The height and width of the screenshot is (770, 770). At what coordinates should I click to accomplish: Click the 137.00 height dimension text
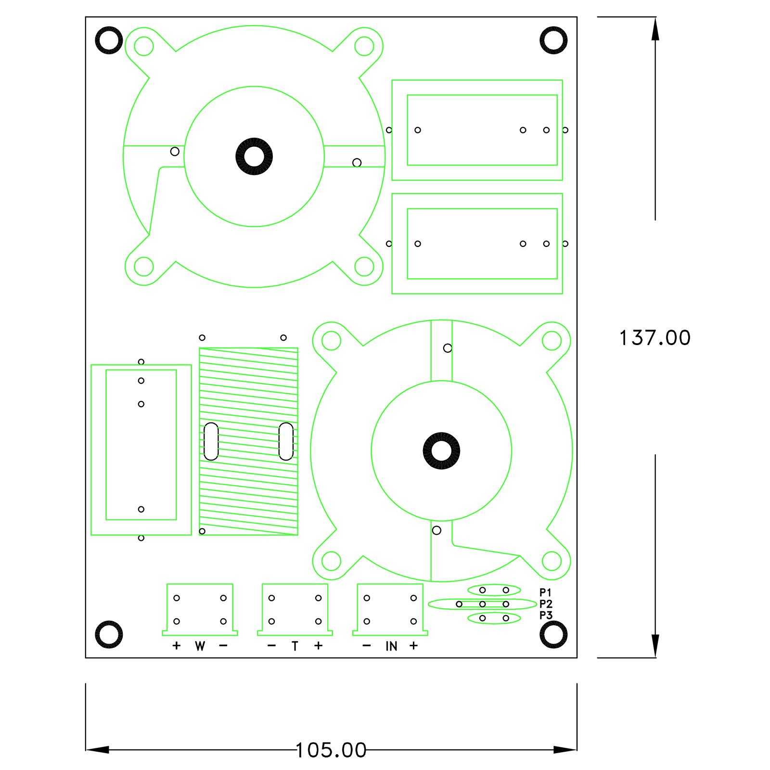(x=654, y=338)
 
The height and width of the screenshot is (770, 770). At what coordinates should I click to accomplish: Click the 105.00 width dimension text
(x=331, y=750)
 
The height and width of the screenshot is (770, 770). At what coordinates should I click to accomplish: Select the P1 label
(x=546, y=592)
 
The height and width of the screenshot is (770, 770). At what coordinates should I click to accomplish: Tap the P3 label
(x=546, y=615)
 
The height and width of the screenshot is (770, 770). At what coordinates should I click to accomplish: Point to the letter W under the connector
(x=200, y=646)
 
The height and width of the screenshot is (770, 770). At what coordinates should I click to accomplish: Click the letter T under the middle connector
(x=295, y=646)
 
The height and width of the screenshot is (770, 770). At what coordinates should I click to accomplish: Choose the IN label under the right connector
(x=391, y=646)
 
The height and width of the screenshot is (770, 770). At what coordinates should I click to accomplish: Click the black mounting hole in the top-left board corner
(x=109, y=40)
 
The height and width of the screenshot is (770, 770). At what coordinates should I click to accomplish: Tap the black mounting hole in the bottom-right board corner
(x=553, y=634)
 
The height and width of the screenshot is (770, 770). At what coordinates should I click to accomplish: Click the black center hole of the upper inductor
(x=254, y=157)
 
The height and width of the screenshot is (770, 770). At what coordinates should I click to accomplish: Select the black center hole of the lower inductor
(x=441, y=451)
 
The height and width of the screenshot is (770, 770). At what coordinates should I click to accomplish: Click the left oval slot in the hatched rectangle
(x=211, y=441)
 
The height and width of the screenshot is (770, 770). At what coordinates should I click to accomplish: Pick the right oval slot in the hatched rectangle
(x=286, y=441)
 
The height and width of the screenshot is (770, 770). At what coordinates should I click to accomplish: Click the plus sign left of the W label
(x=176, y=646)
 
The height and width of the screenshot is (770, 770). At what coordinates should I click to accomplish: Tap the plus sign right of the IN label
(x=414, y=646)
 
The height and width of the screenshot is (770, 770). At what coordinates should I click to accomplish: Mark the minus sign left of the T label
(x=271, y=646)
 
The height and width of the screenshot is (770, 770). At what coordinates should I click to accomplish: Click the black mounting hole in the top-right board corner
(x=553, y=40)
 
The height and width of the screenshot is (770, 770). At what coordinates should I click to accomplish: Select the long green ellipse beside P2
(x=482, y=604)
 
